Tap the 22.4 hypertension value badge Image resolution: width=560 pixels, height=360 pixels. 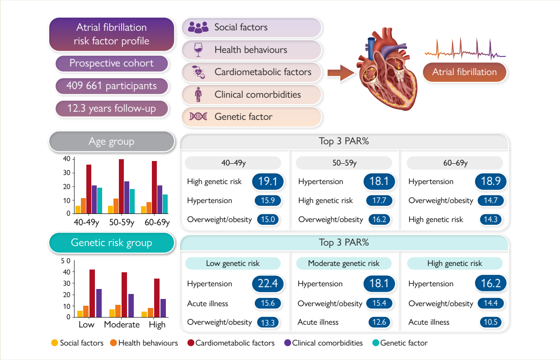(267, 284)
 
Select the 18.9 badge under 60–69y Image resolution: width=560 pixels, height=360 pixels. (490, 182)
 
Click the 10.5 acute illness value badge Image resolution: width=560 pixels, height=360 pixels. (490, 322)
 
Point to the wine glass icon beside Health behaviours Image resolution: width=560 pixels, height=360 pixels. (198, 50)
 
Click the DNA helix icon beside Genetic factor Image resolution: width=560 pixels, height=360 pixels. (198, 117)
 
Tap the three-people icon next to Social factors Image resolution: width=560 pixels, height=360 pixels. (198, 28)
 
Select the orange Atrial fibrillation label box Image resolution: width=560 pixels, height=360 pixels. (464, 72)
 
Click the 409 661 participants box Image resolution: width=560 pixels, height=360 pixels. (112, 86)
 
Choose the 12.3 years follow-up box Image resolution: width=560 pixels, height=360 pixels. (112, 109)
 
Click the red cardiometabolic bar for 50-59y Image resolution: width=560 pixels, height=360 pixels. (121, 186)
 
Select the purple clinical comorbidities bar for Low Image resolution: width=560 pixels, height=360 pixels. (99, 303)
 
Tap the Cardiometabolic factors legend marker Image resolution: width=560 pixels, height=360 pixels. (190, 343)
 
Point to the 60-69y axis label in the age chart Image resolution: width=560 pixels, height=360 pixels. (157, 223)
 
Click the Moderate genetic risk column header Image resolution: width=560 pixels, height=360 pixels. (344, 263)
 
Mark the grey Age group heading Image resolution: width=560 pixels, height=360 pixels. (111, 142)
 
